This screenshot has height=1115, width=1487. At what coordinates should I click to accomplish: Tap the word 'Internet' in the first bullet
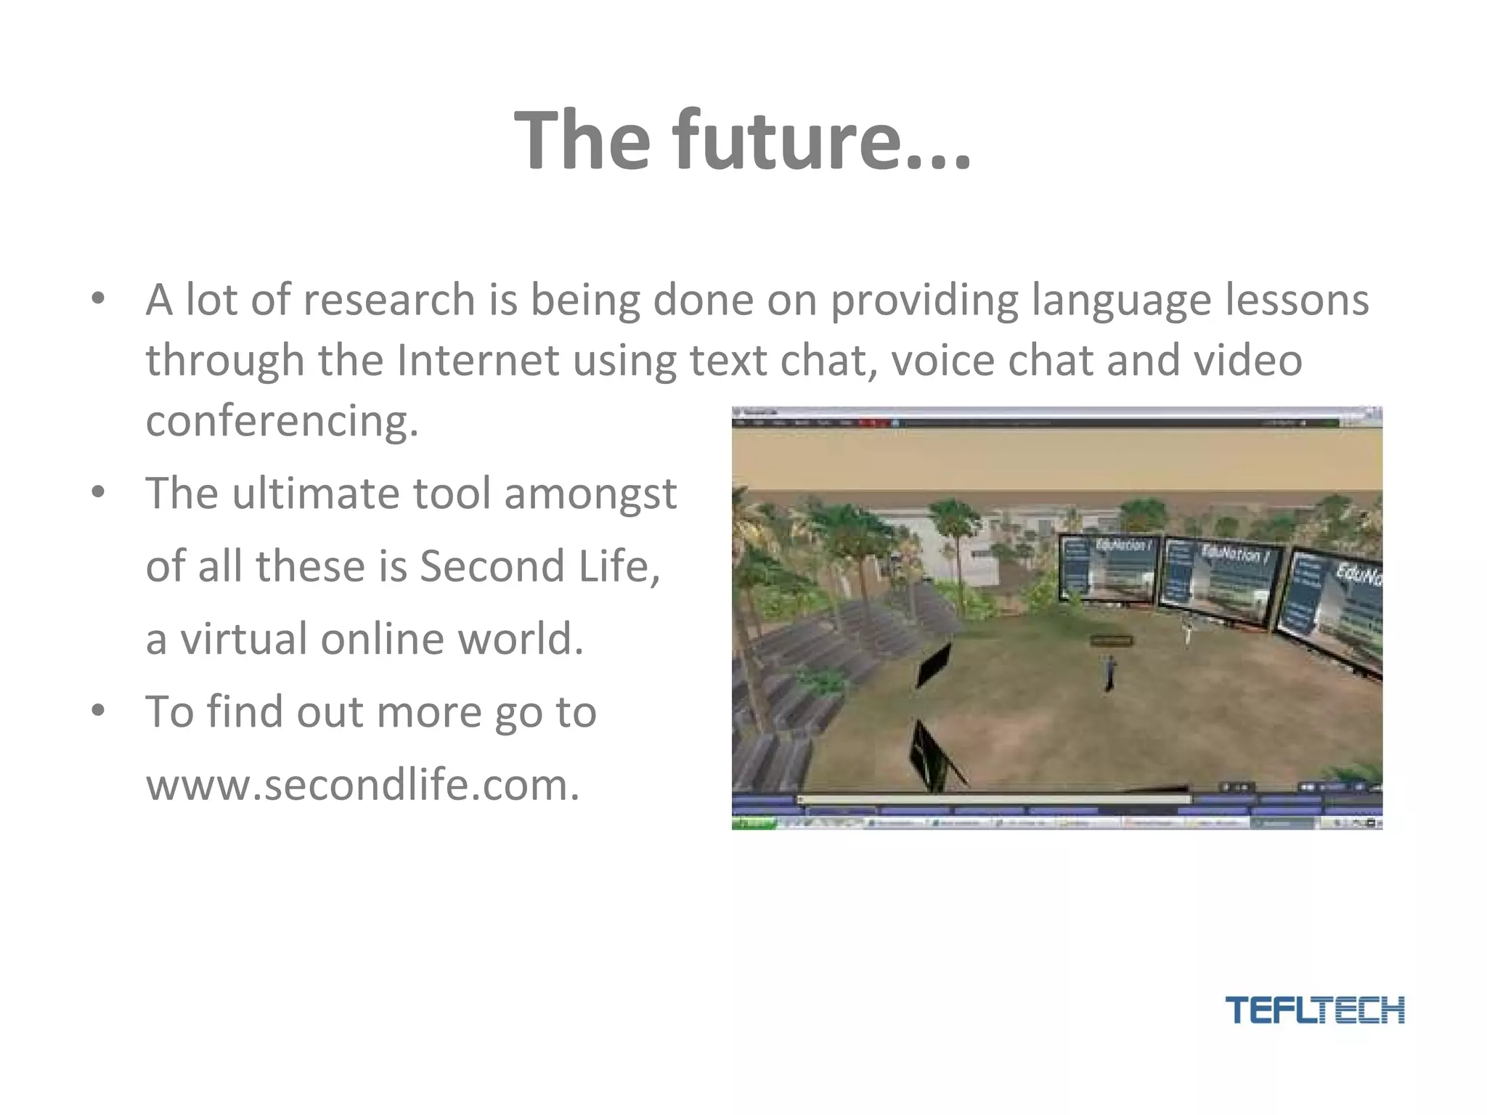click(x=478, y=361)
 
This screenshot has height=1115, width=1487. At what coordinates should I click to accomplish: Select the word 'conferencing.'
click(x=282, y=421)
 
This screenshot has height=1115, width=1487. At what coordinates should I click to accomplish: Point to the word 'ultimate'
click(x=315, y=494)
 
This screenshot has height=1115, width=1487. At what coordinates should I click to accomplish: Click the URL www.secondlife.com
click(x=363, y=785)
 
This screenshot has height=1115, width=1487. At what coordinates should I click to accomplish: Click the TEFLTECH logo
click(x=1314, y=1010)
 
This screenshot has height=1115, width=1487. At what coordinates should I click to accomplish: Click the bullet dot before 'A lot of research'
click(x=99, y=299)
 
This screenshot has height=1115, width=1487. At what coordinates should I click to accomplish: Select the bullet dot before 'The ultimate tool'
click(x=99, y=493)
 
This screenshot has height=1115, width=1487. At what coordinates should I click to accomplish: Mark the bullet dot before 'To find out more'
click(x=99, y=711)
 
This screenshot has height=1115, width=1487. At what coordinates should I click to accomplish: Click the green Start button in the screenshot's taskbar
click(x=754, y=823)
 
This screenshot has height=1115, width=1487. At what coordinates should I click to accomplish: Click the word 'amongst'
click(x=590, y=494)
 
